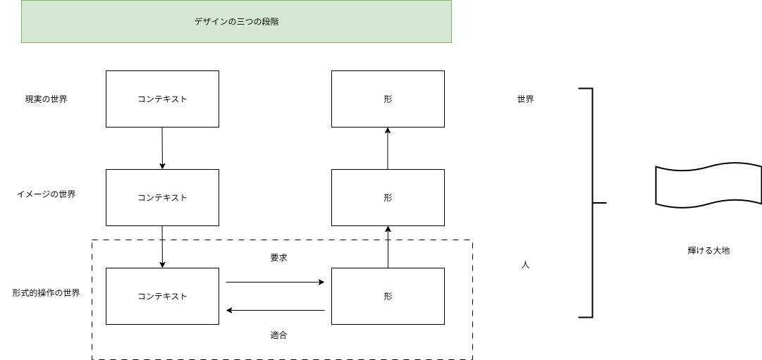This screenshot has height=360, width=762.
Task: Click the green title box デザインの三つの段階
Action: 236,22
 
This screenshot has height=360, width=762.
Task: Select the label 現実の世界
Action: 46,99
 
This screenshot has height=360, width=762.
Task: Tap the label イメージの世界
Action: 46,194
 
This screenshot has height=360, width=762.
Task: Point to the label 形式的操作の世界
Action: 46,292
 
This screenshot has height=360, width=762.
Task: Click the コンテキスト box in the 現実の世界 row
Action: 162,99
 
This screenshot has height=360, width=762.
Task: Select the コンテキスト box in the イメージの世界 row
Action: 162,198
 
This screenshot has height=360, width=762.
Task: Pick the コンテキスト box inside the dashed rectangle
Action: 162,297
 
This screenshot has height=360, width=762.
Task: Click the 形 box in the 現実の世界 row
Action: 388,99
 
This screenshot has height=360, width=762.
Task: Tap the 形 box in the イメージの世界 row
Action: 388,198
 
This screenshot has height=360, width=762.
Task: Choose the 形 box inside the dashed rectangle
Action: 388,297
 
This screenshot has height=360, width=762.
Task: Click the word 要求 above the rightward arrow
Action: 278,258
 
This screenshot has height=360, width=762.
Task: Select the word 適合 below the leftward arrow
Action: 278,335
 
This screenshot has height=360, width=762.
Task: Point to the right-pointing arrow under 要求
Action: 275,283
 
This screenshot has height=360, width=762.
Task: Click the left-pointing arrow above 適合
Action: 275,310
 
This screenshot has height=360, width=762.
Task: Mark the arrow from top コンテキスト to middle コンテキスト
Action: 162,148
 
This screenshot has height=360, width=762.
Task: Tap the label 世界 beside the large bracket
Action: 525,99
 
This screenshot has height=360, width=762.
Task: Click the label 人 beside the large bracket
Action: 525,266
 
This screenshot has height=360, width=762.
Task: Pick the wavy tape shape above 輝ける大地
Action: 708,187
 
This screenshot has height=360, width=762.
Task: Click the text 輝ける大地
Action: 708,250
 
